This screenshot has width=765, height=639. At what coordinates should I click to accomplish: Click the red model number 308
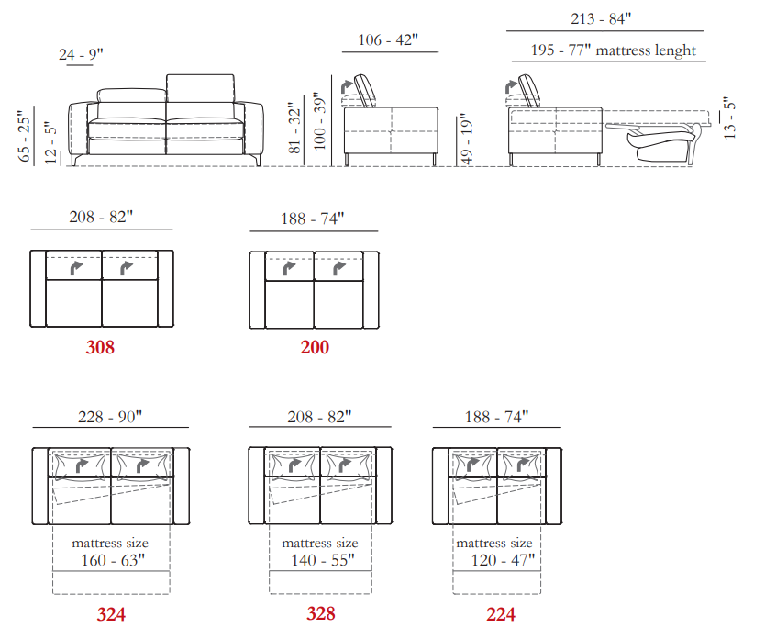(100, 347)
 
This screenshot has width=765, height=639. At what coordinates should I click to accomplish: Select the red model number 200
(315, 347)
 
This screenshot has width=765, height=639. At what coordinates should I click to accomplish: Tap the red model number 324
(111, 614)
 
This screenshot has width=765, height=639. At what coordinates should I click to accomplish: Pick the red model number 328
(320, 613)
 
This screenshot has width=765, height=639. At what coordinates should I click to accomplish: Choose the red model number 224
(501, 614)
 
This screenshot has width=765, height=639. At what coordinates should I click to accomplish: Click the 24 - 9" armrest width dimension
(81, 55)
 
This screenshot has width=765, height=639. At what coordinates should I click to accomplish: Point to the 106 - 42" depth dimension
(388, 40)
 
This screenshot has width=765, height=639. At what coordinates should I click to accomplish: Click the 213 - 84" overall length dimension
(601, 19)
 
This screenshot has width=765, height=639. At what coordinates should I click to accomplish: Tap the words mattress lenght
(646, 50)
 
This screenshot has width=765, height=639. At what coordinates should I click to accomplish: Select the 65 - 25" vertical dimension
(24, 136)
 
